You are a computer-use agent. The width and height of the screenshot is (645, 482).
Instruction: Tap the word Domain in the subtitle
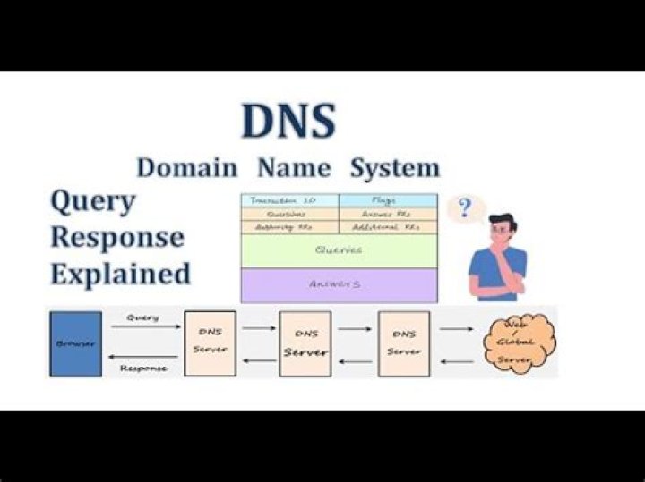coord(187,167)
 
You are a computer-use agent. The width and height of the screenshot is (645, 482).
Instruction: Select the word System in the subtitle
coord(395,167)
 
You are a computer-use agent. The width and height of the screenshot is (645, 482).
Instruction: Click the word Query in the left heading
coord(92,202)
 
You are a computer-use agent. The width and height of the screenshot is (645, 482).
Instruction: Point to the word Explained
coord(120,273)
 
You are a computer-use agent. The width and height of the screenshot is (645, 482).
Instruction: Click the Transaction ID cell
coord(289,200)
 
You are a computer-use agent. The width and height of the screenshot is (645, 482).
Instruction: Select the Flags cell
coord(388,200)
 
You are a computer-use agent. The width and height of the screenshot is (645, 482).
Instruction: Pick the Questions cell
coord(289,215)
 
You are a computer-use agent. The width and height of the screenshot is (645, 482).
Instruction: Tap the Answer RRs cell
coord(388,215)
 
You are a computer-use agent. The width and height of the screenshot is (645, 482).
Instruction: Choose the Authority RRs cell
coord(289,228)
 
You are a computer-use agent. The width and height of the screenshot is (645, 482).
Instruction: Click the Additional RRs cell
coord(388,228)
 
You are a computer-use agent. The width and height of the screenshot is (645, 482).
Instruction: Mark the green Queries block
coord(339,250)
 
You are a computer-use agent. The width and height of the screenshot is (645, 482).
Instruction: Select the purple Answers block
coord(339,284)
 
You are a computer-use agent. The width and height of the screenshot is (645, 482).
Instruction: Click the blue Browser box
coord(75,343)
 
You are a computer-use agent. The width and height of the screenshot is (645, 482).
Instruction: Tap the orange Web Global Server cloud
coord(519,342)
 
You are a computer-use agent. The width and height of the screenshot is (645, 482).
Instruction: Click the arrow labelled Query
coord(142,327)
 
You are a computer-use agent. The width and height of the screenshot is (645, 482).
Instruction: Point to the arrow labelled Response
coord(142,359)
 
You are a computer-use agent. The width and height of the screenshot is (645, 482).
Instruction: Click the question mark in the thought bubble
coord(464,209)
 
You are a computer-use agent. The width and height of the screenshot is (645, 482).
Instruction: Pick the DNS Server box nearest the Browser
coord(211,343)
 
